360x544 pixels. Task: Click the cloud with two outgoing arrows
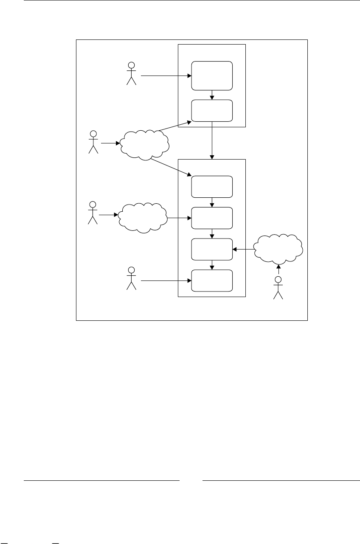[145, 145]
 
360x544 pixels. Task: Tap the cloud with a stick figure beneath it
[278, 249]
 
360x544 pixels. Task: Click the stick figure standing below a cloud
[278, 287]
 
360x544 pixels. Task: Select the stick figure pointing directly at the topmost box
[132, 73]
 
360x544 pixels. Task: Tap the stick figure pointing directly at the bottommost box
[132, 278]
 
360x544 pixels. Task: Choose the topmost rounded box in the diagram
[212, 76]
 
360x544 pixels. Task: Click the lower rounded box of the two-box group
[212, 110]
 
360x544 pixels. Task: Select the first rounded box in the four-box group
[212, 186]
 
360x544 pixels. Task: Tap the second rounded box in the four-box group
[212, 218]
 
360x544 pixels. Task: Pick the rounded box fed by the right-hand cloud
[212, 249]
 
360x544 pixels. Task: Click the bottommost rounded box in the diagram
[212, 280]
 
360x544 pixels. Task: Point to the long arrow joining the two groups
[212, 140]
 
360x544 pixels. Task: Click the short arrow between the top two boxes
[212, 95]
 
